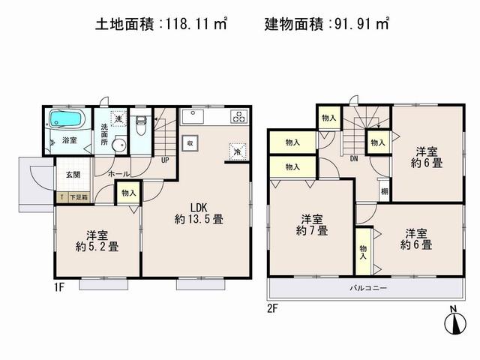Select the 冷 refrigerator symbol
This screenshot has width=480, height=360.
(x=237, y=149)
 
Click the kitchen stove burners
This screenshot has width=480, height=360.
(x=239, y=116)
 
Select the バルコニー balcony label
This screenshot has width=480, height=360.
(x=366, y=288)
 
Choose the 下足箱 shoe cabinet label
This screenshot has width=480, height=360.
(x=78, y=197)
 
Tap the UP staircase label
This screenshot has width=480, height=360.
(x=164, y=159)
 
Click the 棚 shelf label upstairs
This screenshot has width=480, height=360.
(x=383, y=191)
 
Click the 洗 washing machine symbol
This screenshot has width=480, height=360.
(x=118, y=118)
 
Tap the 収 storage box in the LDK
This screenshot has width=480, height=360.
(x=190, y=142)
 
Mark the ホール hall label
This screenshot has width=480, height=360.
(x=117, y=174)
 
